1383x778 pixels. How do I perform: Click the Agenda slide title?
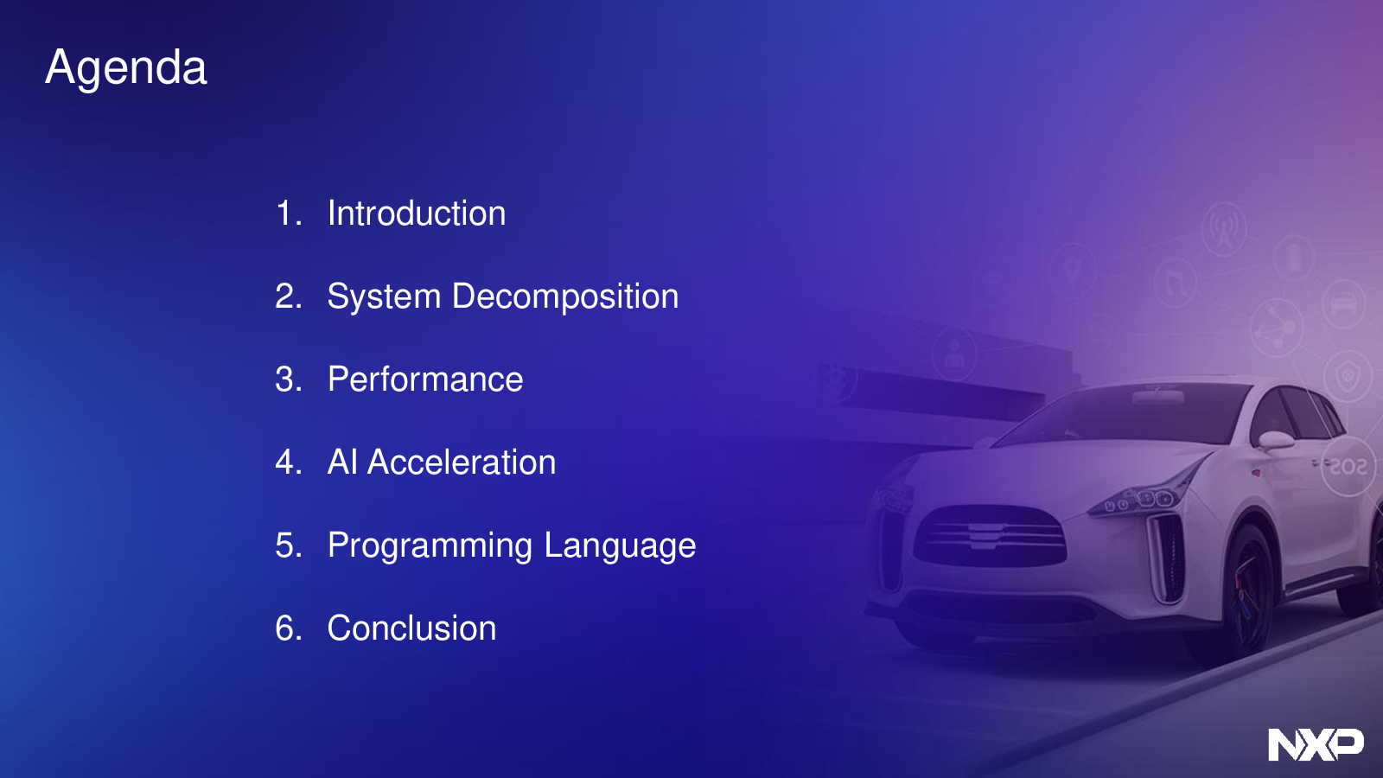pos(126,68)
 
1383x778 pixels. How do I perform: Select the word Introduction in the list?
pos(417,213)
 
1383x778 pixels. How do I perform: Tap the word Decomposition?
pos(565,297)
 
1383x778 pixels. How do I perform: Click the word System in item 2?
pos(384,297)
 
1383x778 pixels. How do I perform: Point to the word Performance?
pos(425,379)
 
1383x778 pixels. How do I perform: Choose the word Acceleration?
pos(462,462)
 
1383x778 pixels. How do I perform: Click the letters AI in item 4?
pos(342,462)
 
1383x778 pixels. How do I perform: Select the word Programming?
pos(430,545)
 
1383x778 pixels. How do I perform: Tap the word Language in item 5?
pos(620,545)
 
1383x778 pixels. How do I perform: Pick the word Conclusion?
pos(411,628)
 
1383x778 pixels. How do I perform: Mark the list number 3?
pos(289,379)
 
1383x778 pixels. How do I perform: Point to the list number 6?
pos(289,628)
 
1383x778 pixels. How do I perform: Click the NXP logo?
pos(1316,744)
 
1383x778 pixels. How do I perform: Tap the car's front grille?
pos(990,535)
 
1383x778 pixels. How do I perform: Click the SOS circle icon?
pos(1348,466)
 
